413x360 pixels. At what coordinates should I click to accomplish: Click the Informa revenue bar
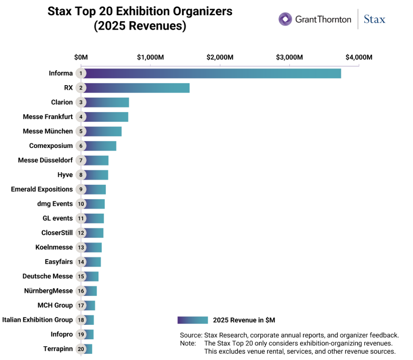(212, 74)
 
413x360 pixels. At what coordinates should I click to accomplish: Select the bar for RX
(137, 88)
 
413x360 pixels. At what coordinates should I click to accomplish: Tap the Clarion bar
(107, 103)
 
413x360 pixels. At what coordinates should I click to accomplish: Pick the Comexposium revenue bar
(100, 146)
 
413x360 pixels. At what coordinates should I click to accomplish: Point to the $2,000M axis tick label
(220, 57)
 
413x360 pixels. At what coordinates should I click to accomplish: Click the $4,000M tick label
(359, 57)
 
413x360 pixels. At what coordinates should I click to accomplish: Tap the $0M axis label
(81, 57)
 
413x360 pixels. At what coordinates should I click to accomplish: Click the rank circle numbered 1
(81, 73)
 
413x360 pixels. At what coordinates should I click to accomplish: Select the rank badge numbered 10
(81, 204)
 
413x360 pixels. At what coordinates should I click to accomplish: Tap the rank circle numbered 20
(81, 349)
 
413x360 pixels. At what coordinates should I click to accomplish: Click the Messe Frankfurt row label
(47, 117)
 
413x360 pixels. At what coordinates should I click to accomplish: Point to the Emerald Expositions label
(42, 189)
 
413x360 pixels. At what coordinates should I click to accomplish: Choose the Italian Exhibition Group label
(38, 319)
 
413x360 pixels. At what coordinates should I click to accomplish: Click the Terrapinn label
(58, 349)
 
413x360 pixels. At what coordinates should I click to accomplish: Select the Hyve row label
(65, 175)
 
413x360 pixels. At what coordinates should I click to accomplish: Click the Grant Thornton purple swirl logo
(285, 19)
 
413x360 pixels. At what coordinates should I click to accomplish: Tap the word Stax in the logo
(375, 19)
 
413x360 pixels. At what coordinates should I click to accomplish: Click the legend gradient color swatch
(192, 320)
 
